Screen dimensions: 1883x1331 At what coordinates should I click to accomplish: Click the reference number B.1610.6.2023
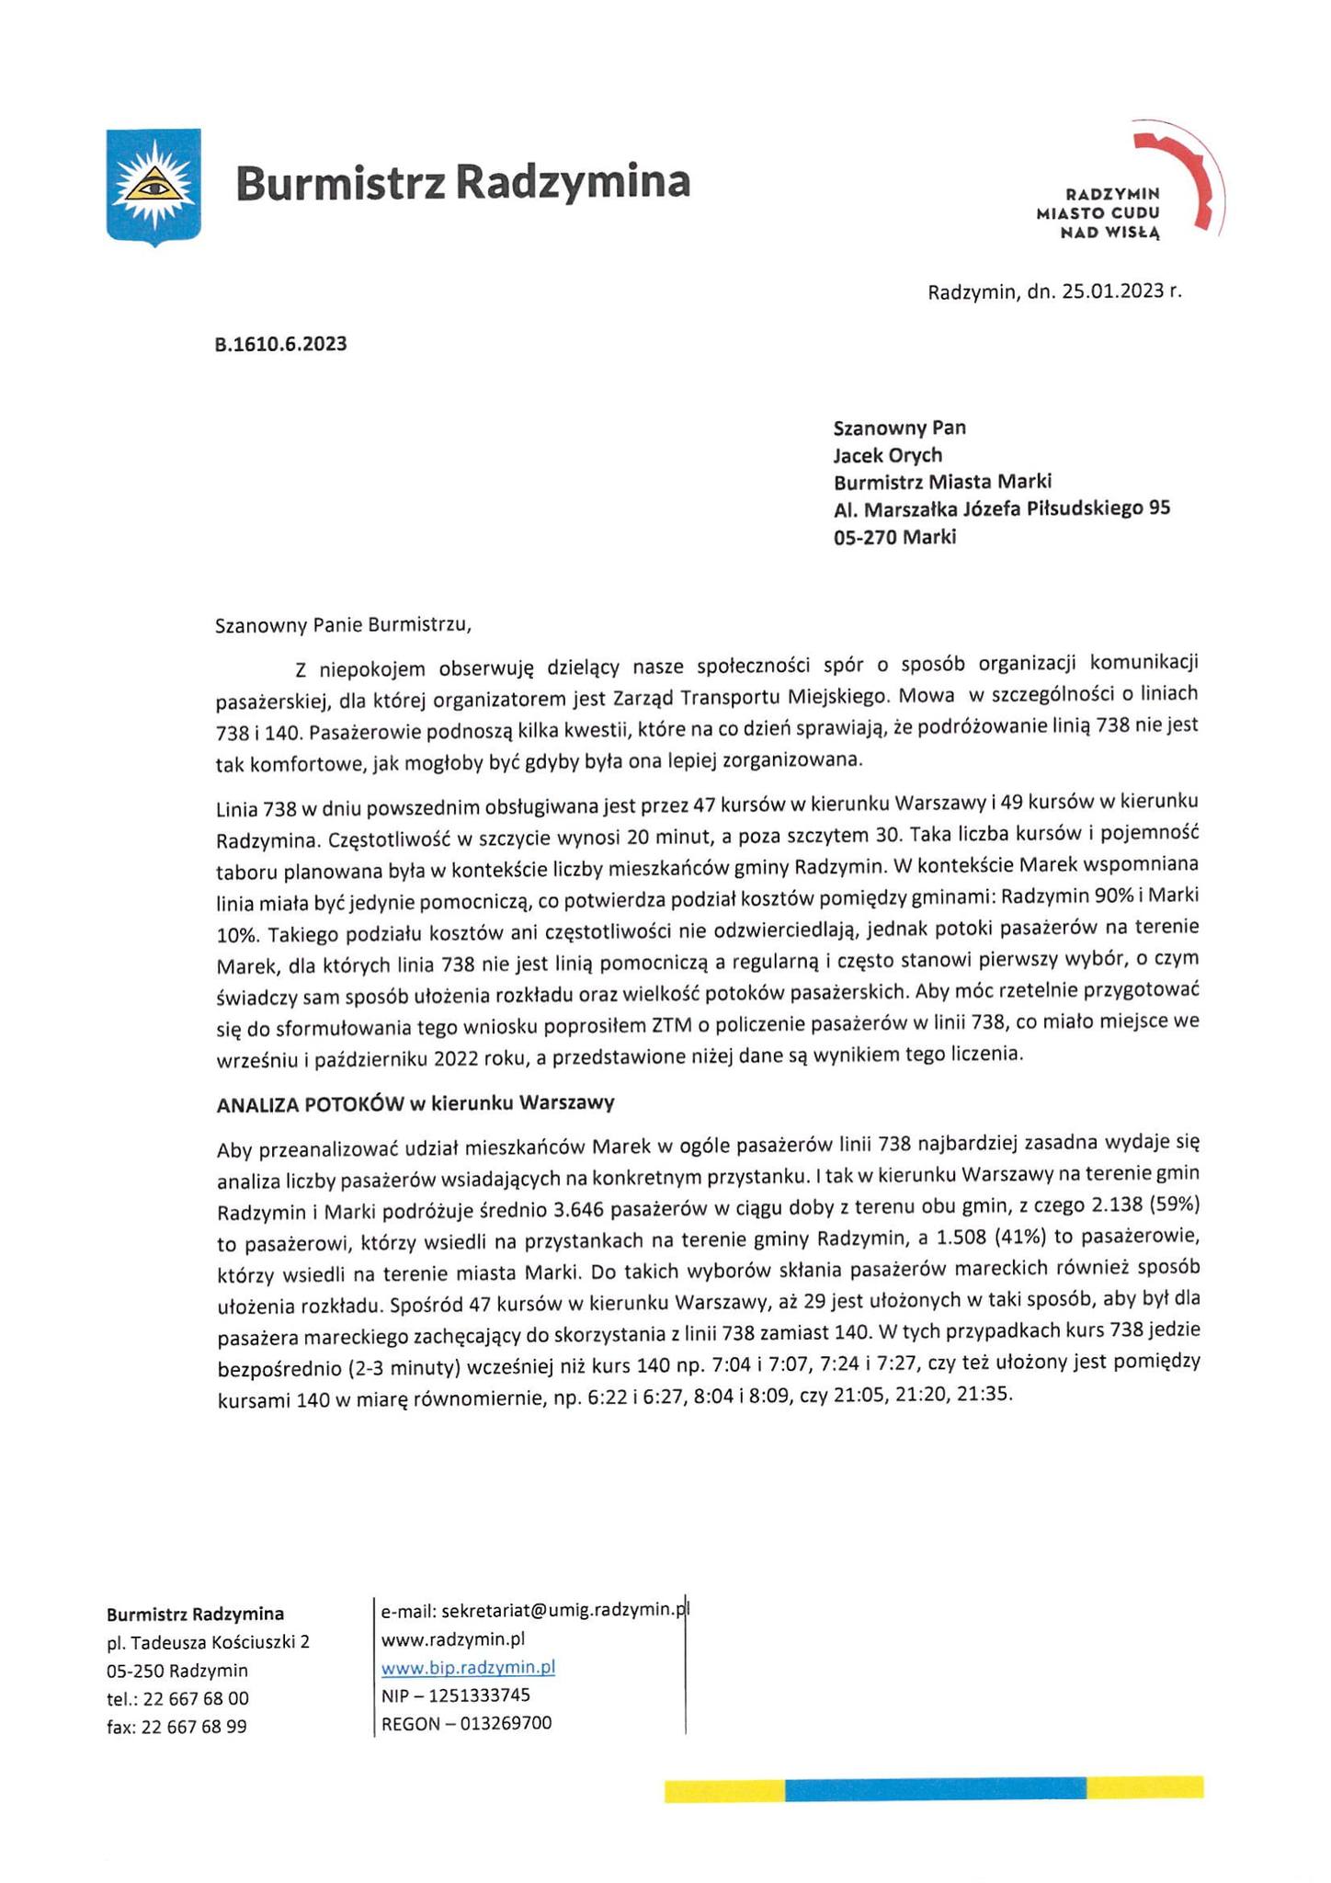(280, 345)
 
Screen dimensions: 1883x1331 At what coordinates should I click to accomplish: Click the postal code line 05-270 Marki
(894, 537)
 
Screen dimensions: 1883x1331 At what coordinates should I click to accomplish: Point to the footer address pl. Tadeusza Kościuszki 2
(208, 1642)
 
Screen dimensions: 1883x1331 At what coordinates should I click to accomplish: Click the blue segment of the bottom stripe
(935, 1788)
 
